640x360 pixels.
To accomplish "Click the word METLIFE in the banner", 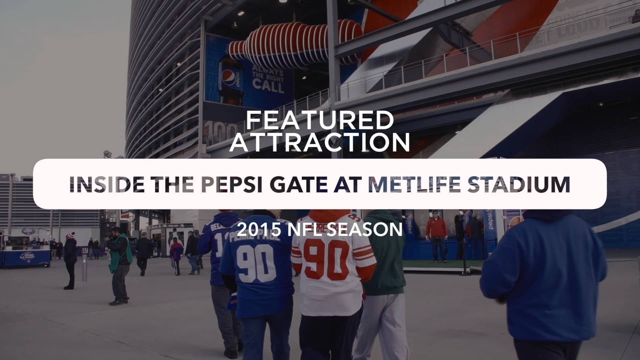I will [x=415, y=184].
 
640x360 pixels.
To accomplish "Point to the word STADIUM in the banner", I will [x=518, y=184].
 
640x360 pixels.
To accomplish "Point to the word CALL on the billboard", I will [x=268, y=86].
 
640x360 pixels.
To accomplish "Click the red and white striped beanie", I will [x=70, y=235].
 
